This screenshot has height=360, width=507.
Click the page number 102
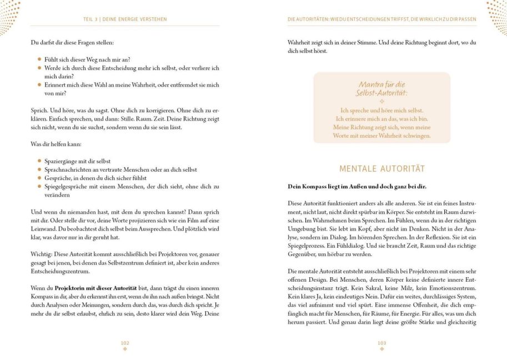(x=125, y=343)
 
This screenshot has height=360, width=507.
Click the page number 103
(x=381, y=343)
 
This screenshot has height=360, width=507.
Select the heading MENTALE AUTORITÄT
(x=381, y=168)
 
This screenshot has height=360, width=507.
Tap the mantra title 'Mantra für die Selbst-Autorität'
(x=381, y=88)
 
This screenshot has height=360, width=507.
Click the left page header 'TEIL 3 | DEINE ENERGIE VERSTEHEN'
(x=125, y=19)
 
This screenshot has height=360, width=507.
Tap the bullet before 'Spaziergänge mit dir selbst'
(x=39, y=161)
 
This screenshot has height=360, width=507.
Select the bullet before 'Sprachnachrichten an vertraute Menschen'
(x=39, y=169)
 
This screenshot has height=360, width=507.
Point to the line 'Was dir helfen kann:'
(x=55, y=144)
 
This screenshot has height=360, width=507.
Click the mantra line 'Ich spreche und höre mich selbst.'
(x=381, y=110)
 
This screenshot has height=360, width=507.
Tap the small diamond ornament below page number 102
(x=125, y=349)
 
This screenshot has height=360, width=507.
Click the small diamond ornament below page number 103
(x=381, y=349)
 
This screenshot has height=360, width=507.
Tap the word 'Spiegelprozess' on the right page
(x=307, y=245)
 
